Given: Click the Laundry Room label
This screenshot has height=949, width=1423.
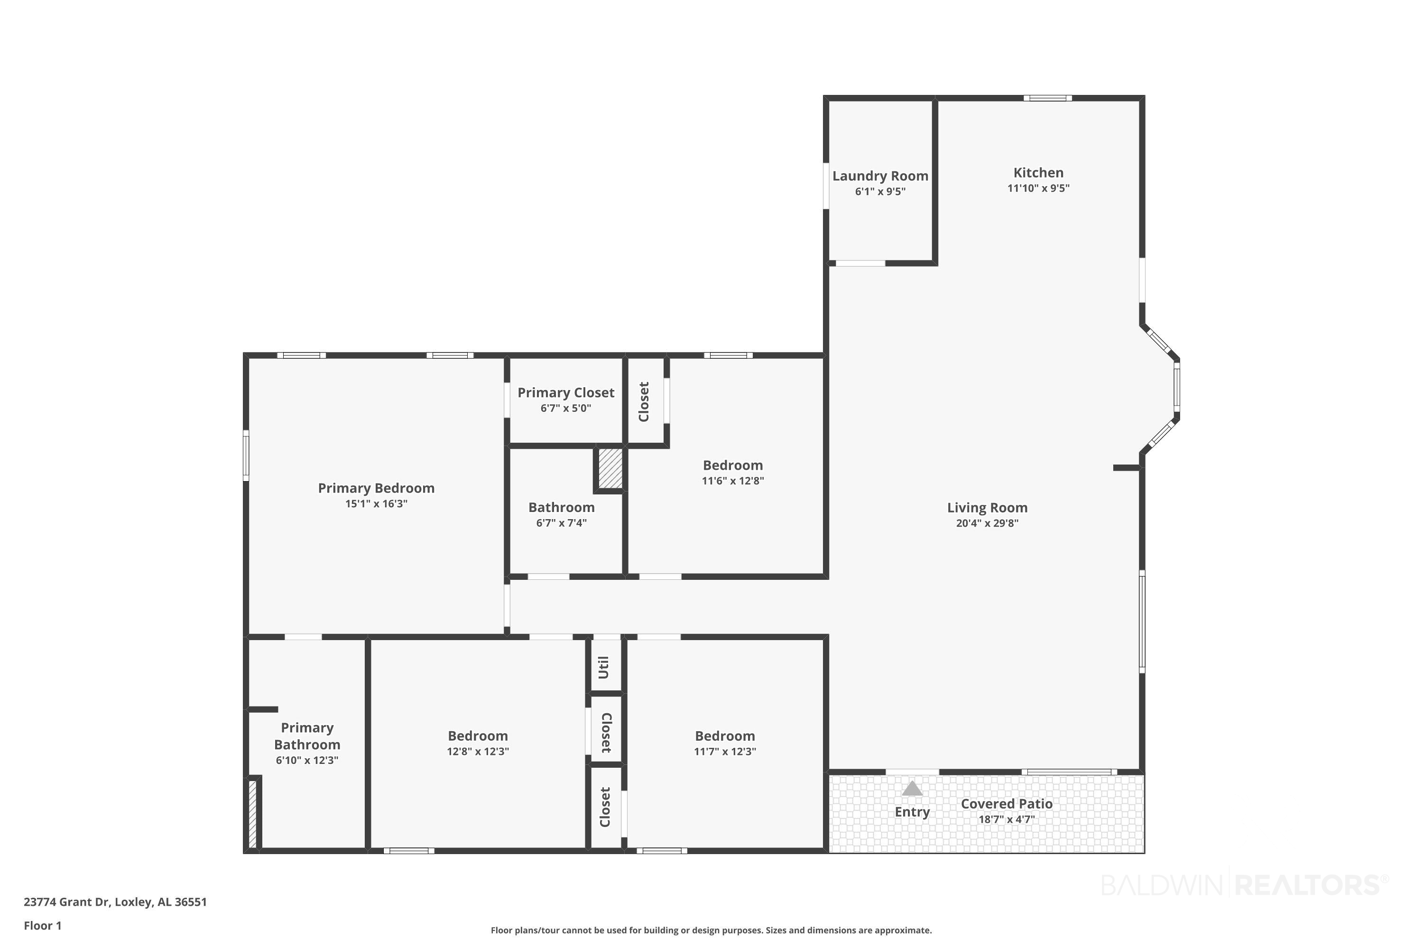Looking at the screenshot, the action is (x=880, y=176).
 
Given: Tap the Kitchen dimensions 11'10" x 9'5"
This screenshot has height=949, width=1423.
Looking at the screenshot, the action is (x=1038, y=188).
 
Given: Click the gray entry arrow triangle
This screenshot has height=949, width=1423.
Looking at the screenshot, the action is (x=912, y=788).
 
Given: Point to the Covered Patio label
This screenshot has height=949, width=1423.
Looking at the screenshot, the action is (x=1007, y=804).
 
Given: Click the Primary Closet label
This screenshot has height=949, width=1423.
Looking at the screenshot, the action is (x=566, y=393).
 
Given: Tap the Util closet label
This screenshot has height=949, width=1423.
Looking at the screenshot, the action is (x=603, y=668).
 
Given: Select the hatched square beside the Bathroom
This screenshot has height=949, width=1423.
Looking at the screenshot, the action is (x=610, y=467).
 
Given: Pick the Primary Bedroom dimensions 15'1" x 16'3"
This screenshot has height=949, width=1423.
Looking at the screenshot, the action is (x=376, y=503).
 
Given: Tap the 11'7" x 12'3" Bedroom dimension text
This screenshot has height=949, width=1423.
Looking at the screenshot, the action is (x=725, y=751).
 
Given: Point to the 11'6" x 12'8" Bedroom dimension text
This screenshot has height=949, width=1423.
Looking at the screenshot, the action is (x=733, y=481).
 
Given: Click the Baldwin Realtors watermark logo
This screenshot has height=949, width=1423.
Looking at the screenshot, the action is (x=1245, y=885).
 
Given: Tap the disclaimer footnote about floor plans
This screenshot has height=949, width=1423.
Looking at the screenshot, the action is (x=711, y=930).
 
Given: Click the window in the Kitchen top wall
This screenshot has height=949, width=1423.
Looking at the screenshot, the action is (x=1047, y=98).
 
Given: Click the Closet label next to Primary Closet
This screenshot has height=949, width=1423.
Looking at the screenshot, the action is (x=644, y=402).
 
